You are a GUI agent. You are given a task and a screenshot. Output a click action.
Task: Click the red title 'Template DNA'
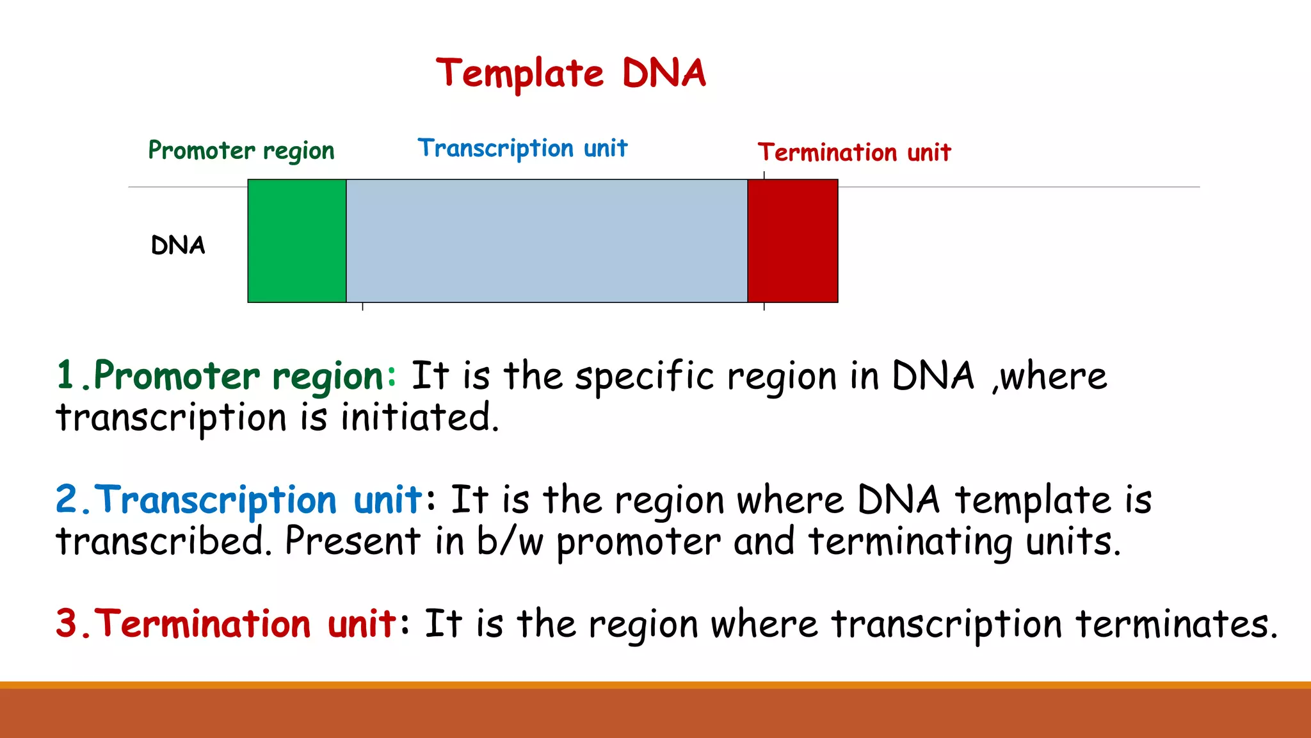click(571, 73)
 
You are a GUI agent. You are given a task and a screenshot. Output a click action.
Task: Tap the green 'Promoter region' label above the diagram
click(241, 151)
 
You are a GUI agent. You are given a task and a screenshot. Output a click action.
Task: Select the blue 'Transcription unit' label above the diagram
click(522, 149)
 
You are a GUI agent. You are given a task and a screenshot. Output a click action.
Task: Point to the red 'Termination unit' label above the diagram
click(854, 153)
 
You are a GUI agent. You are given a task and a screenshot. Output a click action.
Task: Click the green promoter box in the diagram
click(297, 241)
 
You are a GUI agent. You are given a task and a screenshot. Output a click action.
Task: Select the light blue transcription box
click(547, 241)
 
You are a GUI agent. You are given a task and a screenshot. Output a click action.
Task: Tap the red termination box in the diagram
click(792, 241)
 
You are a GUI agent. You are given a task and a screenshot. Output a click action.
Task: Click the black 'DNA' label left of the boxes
click(178, 245)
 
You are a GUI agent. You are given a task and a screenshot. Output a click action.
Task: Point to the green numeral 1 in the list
click(66, 375)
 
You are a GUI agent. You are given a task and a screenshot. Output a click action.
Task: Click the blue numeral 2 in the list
click(67, 499)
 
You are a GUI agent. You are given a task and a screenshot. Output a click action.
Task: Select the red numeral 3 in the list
click(67, 623)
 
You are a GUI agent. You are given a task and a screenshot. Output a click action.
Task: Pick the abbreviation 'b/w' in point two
click(510, 541)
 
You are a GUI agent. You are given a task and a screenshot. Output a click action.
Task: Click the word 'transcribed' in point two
click(160, 541)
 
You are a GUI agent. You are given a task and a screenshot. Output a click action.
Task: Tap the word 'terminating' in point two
click(910, 543)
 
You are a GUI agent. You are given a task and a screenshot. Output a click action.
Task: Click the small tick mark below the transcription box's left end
click(363, 307)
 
